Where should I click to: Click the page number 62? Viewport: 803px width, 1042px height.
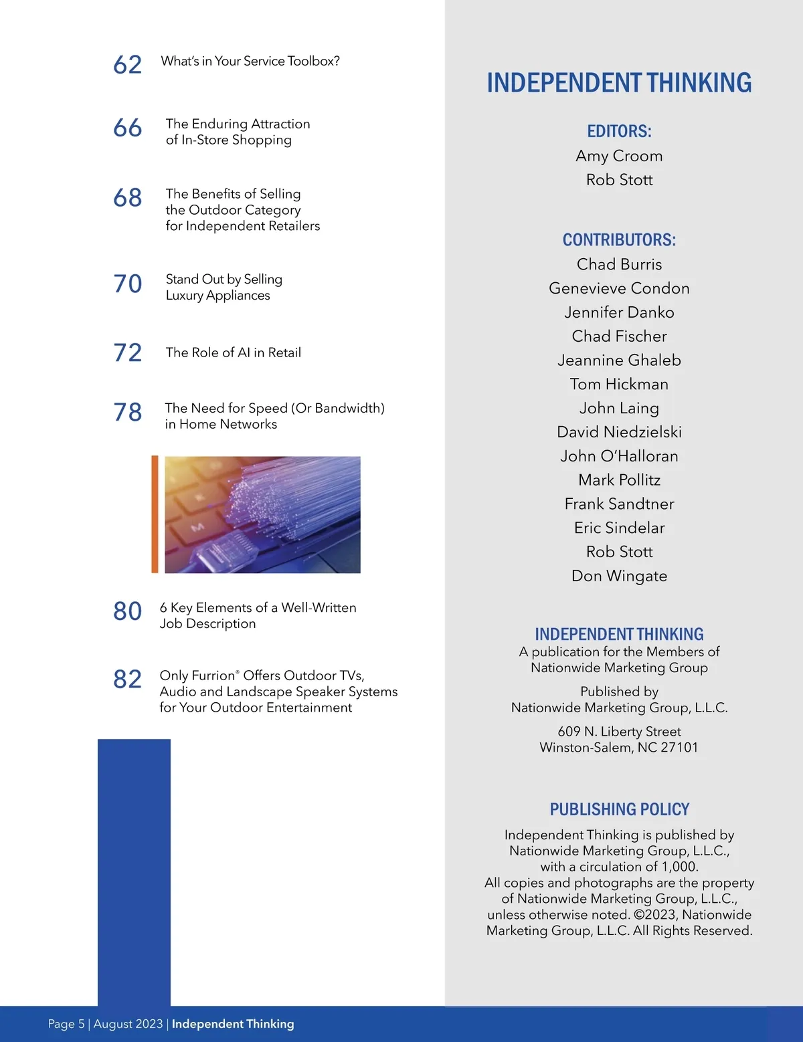pos(127,65)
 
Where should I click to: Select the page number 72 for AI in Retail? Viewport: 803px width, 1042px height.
pos(127,352)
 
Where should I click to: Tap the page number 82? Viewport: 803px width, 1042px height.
pos(127,680)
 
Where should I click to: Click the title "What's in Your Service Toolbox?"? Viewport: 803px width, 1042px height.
pos(250,61)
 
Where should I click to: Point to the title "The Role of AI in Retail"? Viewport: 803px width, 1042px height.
pos(234,352)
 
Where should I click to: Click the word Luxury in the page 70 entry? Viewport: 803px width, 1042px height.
pos(184,296)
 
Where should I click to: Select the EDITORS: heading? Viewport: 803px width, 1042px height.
pos(619,131)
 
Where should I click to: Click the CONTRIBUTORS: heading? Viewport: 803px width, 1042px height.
pos(619,240)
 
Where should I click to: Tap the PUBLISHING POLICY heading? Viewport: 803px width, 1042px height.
pos(619,809)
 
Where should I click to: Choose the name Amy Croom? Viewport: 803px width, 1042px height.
pos(619,156)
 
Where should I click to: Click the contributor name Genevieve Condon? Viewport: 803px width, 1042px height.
pos(619,288)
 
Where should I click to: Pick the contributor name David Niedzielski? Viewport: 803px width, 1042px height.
pos(619,432)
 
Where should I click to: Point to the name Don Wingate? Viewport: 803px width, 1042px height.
pos(619,576)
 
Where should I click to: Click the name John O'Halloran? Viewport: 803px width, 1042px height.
pos(619,456)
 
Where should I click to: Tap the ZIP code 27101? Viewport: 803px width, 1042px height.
pos(679,747)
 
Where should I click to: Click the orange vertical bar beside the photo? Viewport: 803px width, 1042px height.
pos(155,514)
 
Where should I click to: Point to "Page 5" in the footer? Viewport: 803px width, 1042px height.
pos(66,1024)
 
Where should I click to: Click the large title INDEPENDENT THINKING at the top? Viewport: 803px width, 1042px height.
pos(619,83)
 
